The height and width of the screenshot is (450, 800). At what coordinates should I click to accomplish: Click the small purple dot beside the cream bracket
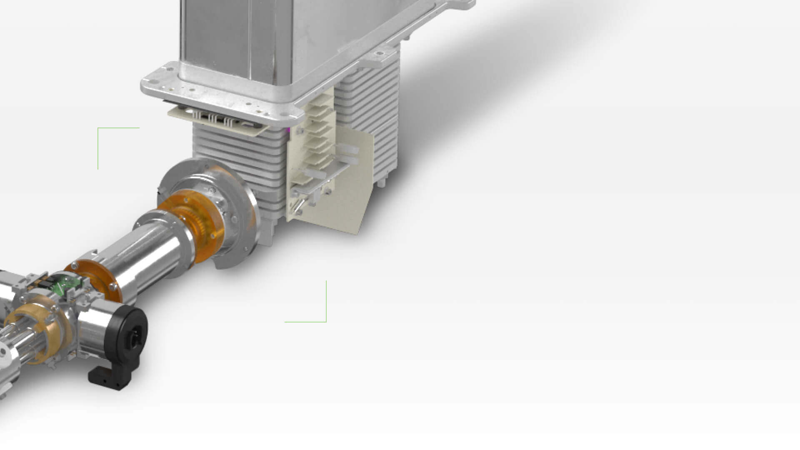pyautogui.click(x=287, y=131)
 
